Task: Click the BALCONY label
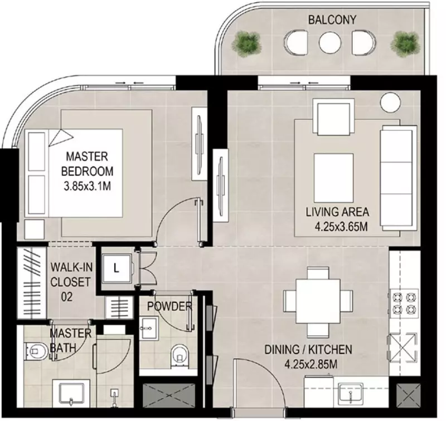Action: click(332, 20)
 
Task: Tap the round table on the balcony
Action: click(330, 43)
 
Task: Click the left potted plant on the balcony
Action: click(246, 43)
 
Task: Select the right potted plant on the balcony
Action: click(405, 43)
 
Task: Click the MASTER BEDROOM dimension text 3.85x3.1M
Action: click(88, 187)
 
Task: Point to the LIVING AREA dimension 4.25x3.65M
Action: click(341, 227)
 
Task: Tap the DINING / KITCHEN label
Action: click(308, 349)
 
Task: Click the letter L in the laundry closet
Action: click(117, 268)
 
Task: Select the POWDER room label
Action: click(169, 306)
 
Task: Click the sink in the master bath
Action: click(71, 394)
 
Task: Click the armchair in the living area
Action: click(333, 117)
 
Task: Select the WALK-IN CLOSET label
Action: click(71, 275)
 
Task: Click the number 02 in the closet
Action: click(67, 297)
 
